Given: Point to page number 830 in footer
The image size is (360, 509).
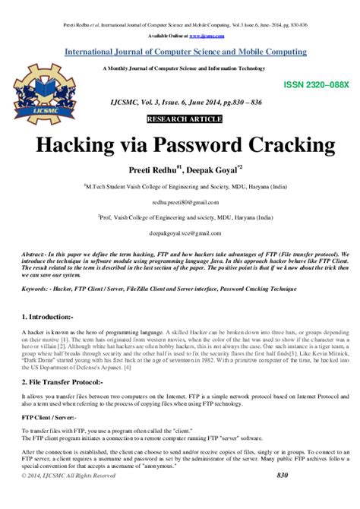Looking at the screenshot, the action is click(x=283, y=496).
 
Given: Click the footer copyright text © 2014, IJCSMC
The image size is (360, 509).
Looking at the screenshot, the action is click(x=68, y=496).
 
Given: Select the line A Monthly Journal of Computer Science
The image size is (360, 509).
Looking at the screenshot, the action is click(x=180, y=68).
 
